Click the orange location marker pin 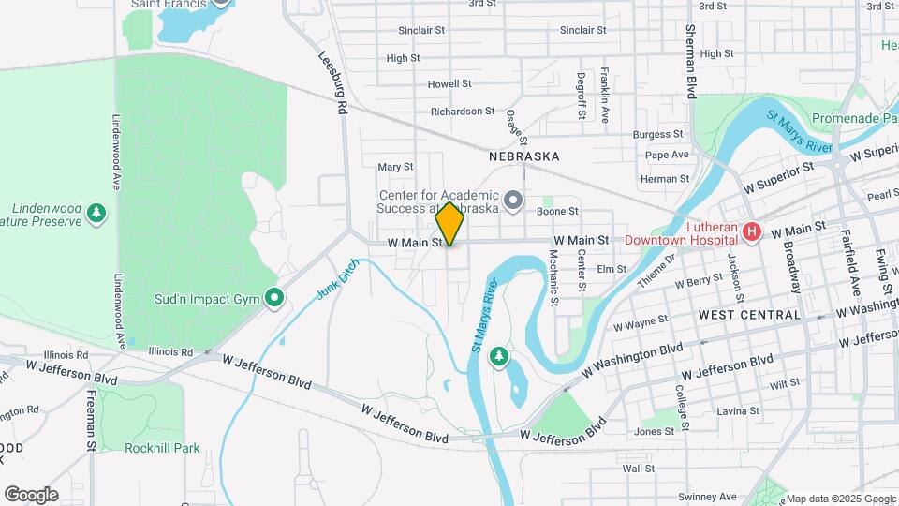click(449, 223)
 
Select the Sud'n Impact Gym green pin click(273, 299)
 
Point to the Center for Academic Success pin click(513, 200)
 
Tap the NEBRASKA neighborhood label click(524, 156)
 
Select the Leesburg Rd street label click(334, 82)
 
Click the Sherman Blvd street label click(691, 61)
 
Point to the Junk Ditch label click(337, 279)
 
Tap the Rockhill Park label click(162, 448)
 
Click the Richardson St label click(463, 111)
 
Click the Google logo click(31, 494)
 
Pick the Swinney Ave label click(709, 496)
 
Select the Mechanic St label click(553, 277)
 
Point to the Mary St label click(395, 167)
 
